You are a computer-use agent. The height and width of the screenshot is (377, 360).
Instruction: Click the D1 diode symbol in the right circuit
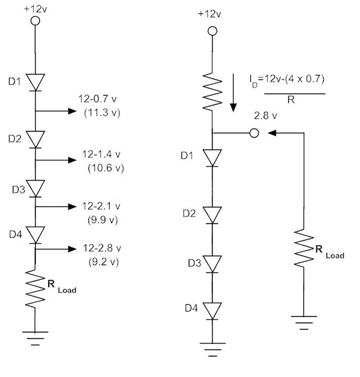211,157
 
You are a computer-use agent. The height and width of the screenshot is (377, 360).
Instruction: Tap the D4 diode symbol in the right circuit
211,310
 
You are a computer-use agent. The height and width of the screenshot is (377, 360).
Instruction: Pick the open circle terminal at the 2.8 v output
254,132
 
